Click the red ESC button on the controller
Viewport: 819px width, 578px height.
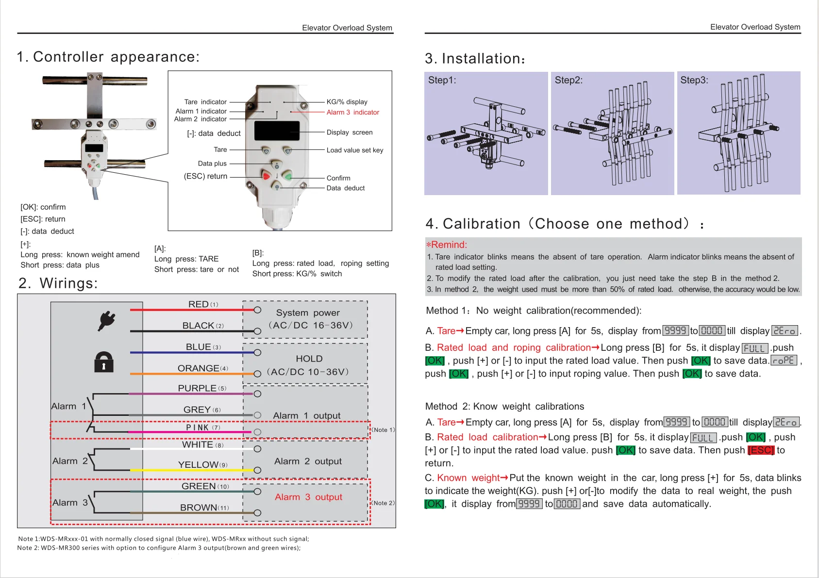coord(266,175)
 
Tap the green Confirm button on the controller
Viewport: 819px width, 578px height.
coord(287,176)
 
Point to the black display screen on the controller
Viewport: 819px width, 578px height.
coord(277,131)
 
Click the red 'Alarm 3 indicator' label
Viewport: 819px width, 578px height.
coord(352,113)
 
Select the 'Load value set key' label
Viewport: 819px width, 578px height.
coord(355,150)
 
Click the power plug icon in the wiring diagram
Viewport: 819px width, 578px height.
coord(106,320)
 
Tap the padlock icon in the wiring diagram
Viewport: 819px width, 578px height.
coord(103,362)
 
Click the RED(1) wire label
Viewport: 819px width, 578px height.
coord(203,304)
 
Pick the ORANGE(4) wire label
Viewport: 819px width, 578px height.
coord(202,368)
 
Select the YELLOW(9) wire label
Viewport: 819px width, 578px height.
coord(202,465)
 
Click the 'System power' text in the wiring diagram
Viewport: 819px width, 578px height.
coord(308,313)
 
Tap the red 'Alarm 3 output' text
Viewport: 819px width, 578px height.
coord(308,497)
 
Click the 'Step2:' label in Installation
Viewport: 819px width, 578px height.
coord(568,80)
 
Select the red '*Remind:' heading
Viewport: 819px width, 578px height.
coord(447,245)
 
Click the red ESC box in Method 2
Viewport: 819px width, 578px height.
coord(761,450)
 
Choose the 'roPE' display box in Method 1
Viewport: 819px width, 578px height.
coord(784,361)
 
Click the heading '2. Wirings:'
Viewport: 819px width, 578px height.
coord(58,283)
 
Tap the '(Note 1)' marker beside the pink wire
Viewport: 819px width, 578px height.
coord(384,430)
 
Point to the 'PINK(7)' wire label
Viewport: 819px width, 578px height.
coord(203,428)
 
